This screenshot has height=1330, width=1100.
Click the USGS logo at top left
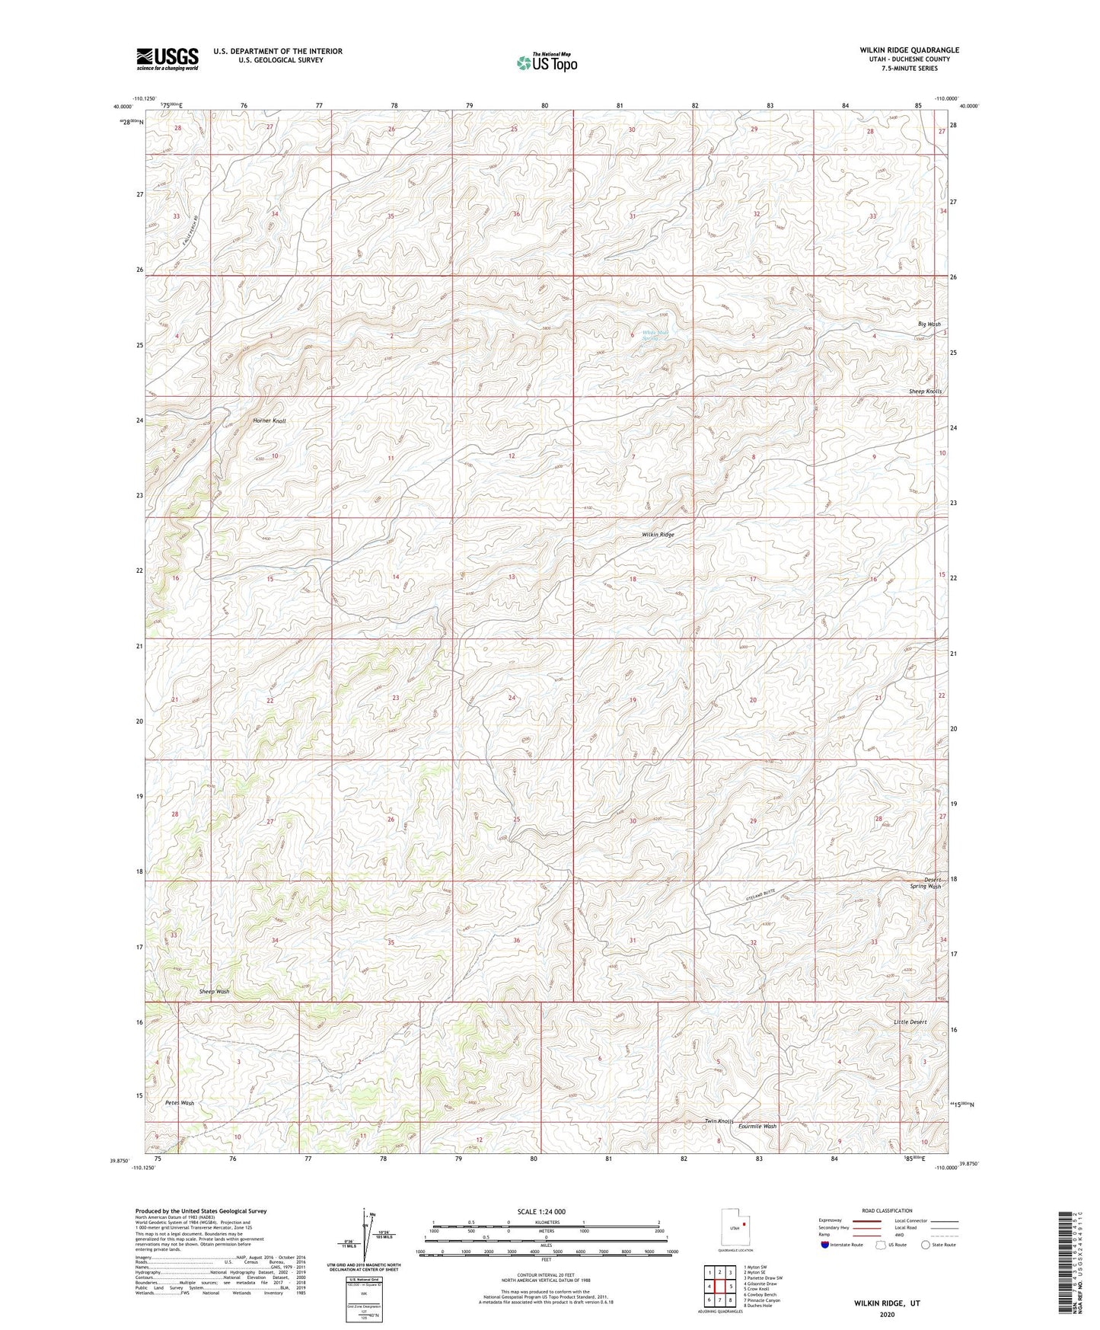point(167,59)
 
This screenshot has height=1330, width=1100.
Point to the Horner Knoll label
point(269,420)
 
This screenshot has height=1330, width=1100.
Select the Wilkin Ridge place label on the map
point(658,535)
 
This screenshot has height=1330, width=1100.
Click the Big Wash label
point(929,325)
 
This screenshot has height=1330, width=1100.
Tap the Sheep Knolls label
point(925,392)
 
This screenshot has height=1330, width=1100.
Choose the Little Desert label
point(910,1021)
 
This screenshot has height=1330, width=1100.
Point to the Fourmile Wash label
point(757,1126)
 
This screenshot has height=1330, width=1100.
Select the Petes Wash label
point(180,1102)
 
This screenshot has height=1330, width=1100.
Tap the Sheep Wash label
point(214,991)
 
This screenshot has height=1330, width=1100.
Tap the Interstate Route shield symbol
point(826,1245)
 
